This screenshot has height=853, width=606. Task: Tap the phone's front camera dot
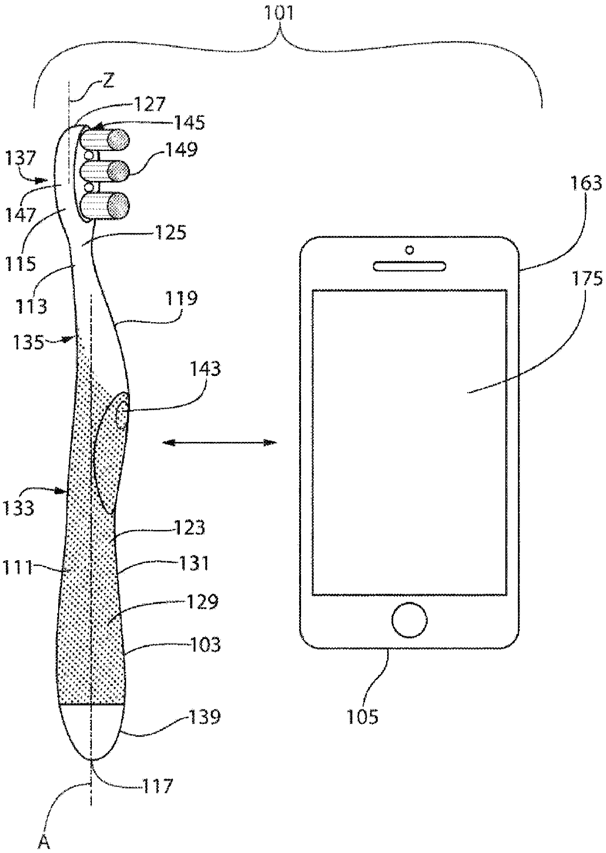410,250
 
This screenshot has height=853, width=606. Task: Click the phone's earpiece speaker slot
410,266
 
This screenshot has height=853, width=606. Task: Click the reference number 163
585,184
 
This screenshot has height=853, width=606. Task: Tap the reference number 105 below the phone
363,717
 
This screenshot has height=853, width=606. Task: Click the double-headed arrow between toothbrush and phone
219,443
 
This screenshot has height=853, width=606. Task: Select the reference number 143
206,369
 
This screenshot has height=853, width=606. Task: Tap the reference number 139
205,717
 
